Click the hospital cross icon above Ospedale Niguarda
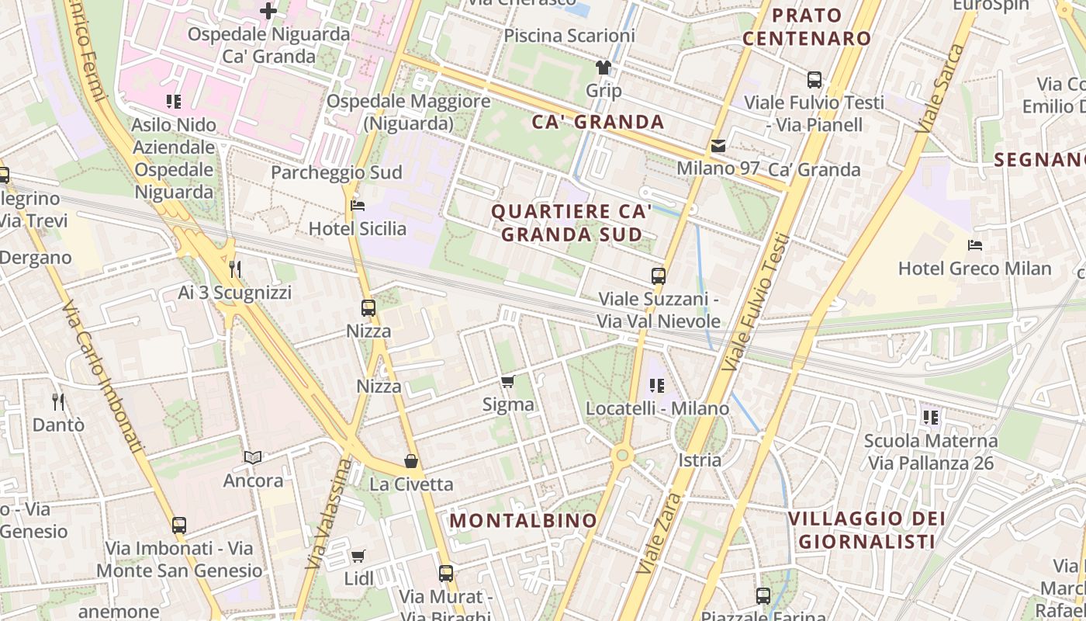click(268, 11)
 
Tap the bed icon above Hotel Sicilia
click(358, 206)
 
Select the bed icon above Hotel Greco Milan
click(975, 245)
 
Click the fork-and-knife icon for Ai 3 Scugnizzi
click(235, 269)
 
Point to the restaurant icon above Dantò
click(58, 401)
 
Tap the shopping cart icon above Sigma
click(508, 381)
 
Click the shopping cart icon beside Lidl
click(358, 556)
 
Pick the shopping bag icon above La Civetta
click(411, 461)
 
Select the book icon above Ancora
click(253, 457)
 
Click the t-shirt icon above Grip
click(603, 67)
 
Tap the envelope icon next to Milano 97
click(718, 146)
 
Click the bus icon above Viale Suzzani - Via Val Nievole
click(659, 276)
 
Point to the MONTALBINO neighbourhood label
click(524, 520)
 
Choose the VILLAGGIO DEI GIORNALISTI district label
click(866, 529)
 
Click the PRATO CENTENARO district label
click(807, 26)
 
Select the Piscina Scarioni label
click(569, 36)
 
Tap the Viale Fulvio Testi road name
click(756, 303)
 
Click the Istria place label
click(700, 460)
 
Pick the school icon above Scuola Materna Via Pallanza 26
click(931, 418)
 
